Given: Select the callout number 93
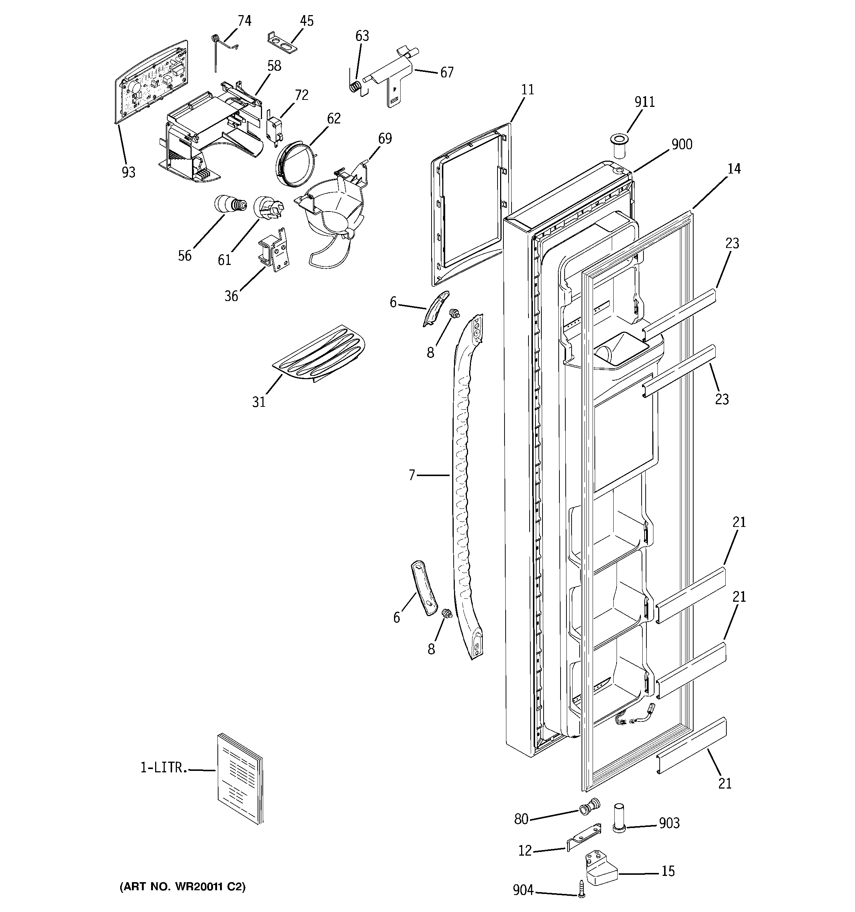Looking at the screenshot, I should pos(129,172).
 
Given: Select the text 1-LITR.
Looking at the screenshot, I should pos(163,768).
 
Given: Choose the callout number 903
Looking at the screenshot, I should pos(669,824).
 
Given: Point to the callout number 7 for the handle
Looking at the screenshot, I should pos(412,475).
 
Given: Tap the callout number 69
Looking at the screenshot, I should pos(385,139).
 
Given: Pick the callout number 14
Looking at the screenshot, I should pos(734,169).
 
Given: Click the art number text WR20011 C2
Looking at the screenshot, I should pos(183,887).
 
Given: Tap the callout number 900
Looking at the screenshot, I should pos(681,144).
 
